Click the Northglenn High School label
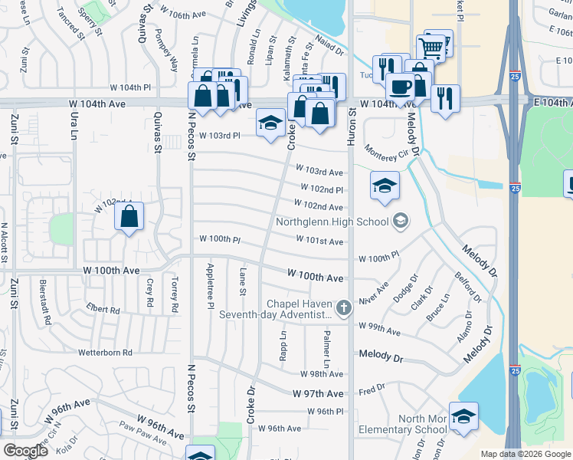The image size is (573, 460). tap(333, 223)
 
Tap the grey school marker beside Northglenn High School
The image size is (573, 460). tap(399, 222)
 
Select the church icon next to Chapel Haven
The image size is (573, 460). tap(344, 308)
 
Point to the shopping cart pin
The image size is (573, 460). tap(432, 48)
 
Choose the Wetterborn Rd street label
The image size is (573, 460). tap(106, 353)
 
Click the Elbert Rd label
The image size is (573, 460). tap(103, 310)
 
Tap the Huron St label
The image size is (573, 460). tap(353, 123)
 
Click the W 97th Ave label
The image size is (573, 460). tap(318, 393)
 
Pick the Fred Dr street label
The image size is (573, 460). tap(372, 389)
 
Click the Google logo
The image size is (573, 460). tap(26, 451)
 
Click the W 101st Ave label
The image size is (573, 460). tap(319, 242)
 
